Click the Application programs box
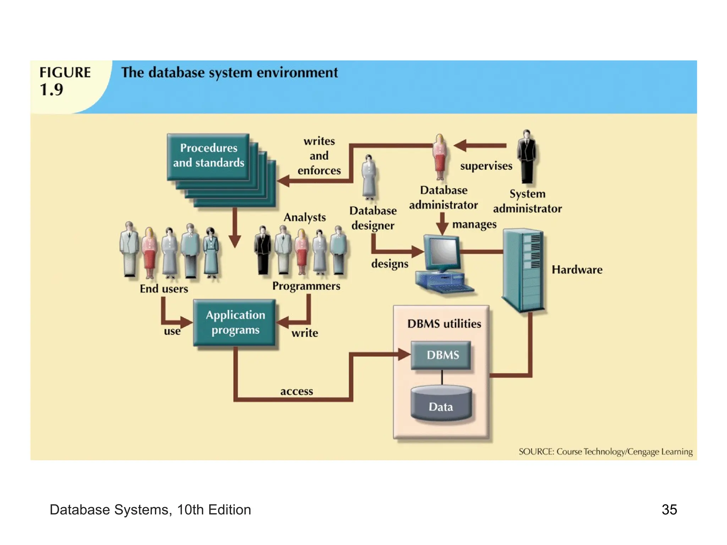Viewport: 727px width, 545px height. point(235,322)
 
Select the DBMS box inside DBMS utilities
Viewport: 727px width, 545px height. point(441,355)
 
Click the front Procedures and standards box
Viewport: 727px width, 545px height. point(208,156)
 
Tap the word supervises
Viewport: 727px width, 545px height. point(486,166)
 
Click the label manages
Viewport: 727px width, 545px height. point(474,225)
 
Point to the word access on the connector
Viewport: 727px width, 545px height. point(296,391)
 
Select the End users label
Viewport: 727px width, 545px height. point(164,289)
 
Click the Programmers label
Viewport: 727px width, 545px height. point(306,286)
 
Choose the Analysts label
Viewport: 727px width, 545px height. point(305,217)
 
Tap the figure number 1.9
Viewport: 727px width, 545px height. point(51,89)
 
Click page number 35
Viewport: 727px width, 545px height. point(669,510)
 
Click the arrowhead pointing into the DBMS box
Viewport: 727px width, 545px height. point(404,354)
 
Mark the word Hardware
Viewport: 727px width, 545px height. point(577,270)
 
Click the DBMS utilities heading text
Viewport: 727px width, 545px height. point(444,324)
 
